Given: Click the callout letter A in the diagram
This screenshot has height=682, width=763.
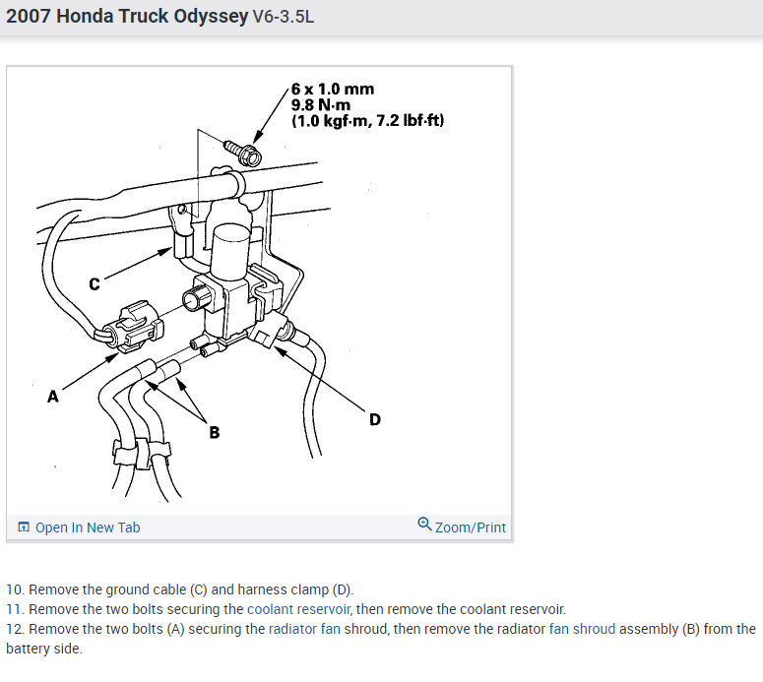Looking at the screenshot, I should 53,398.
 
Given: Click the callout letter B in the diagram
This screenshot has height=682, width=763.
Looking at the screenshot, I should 214,432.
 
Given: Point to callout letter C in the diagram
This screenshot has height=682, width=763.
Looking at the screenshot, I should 95,284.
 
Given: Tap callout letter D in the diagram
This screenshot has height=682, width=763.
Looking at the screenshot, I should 374,420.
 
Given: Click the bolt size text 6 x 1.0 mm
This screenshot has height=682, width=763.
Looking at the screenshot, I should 332,90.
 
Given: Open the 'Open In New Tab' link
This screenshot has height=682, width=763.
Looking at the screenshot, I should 88,527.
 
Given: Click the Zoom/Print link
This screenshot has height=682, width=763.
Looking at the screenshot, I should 470,527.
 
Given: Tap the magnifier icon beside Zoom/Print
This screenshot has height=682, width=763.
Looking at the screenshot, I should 424,525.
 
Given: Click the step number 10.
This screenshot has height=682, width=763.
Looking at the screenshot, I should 14,589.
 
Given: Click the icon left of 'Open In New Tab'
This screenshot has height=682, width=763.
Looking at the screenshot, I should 24,527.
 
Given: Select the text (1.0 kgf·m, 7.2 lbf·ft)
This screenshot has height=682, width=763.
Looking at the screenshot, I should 367,121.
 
